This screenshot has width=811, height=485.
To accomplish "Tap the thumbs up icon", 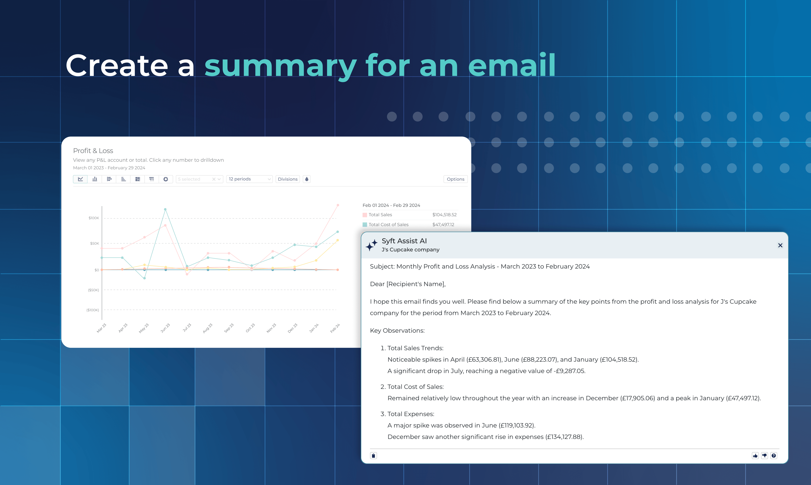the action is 755,456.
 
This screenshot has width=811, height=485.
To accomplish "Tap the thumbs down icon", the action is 764,456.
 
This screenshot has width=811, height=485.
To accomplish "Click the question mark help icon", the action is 774,456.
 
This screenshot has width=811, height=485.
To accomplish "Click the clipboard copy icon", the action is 373,456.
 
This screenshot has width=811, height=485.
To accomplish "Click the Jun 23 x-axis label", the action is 165,328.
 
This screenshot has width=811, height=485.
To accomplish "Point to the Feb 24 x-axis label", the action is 335,328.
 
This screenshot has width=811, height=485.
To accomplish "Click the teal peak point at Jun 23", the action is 165,209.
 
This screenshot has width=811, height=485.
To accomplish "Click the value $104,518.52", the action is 444,215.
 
